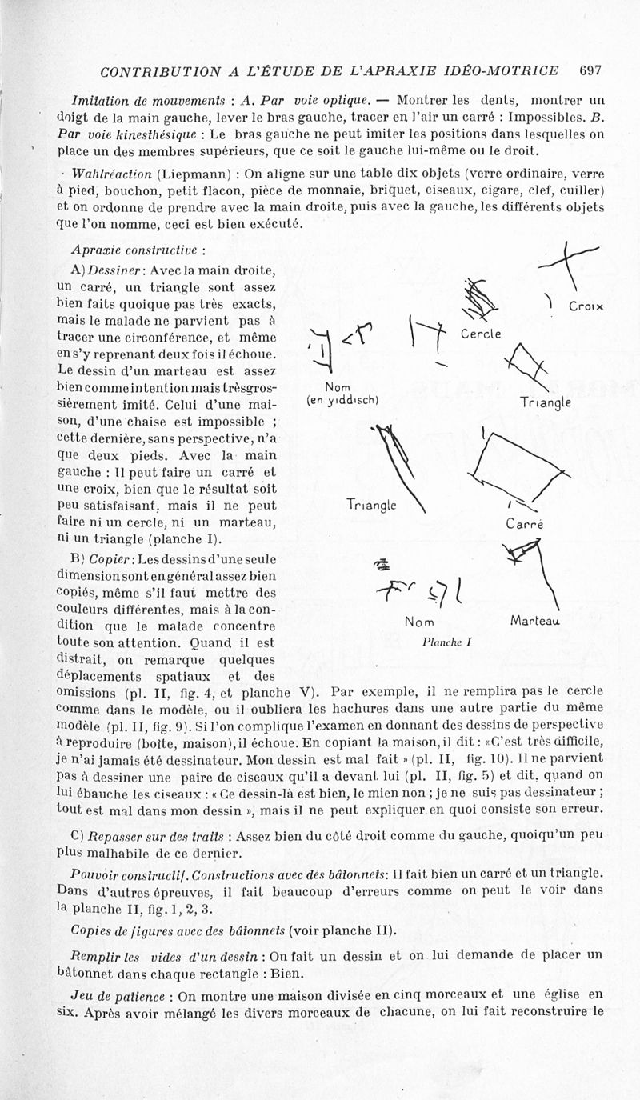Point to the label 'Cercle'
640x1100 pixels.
click(x=480, y=333)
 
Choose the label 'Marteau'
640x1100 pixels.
click(x=533, y=620)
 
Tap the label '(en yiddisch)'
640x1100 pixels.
click(x=342, y=400)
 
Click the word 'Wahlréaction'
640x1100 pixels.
click(x=113, y=174)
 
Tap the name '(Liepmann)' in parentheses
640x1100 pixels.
click(x=194, y=174)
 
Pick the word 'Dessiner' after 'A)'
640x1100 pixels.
click(x=118, y=270)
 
